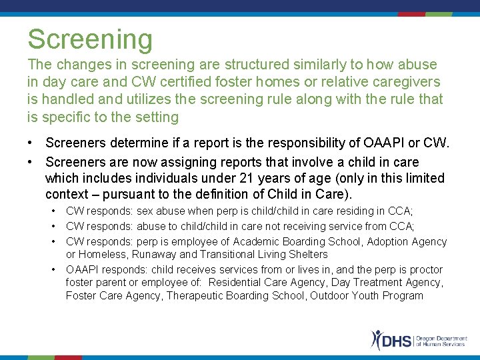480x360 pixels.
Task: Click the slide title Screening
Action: click(x=90, y=40)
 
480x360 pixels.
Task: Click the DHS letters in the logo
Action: click(x=398, y=341)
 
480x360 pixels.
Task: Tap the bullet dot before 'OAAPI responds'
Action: click(x=53, y=269)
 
